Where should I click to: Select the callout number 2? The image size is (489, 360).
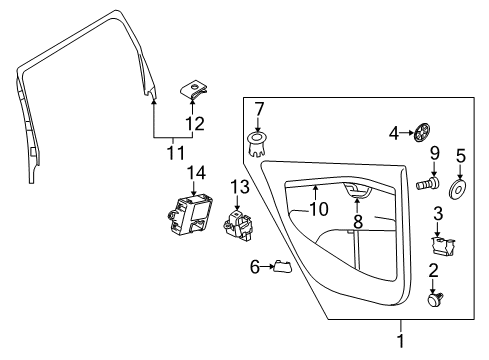[435, 270]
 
